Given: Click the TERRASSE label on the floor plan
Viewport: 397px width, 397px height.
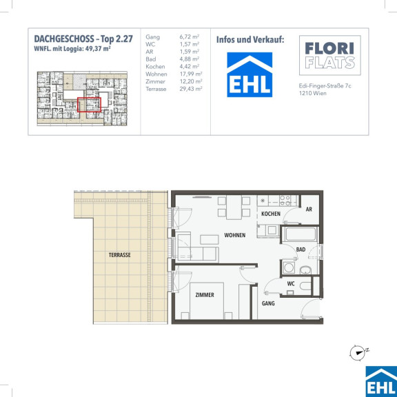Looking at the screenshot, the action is (119, 255).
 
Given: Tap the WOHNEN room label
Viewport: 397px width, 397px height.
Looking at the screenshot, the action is (235, 235).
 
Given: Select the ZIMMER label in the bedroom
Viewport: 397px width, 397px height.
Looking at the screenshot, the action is (205, 295).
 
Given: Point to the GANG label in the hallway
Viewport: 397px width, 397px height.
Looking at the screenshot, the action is (268, 303).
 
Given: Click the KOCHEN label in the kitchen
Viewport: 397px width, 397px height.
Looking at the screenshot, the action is (271, 214).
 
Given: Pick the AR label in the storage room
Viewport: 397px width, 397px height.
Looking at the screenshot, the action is (309, 210).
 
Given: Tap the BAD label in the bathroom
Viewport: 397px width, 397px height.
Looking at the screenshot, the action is (301, 250).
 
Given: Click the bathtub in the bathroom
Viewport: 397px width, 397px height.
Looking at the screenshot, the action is (301, 234).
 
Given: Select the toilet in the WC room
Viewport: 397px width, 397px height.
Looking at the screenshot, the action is (305, 286).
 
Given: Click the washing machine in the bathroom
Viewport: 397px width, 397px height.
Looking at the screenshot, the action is (288, 267).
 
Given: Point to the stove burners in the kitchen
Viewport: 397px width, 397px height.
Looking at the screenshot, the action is (285, 201).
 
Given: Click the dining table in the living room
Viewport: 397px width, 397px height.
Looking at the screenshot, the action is (234, 207).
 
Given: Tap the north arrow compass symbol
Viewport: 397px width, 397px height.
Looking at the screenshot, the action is (358, 352).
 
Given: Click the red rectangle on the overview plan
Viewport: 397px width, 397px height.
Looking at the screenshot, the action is (89, 105).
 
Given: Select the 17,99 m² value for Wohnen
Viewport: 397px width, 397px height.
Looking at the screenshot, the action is (191, 74).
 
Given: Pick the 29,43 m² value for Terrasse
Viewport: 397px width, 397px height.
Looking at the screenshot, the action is (191, 89).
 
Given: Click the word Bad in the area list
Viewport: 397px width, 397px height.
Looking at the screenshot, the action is (151, 59).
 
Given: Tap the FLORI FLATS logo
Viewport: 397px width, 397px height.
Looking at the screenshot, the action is (330, 55).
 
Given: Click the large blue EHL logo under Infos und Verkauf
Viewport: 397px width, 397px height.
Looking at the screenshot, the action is (250, 74).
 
